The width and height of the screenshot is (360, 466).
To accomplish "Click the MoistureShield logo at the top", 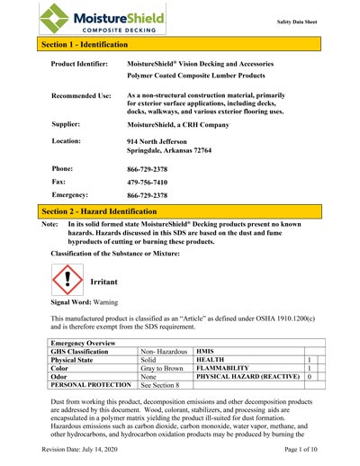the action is pos(90,17).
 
